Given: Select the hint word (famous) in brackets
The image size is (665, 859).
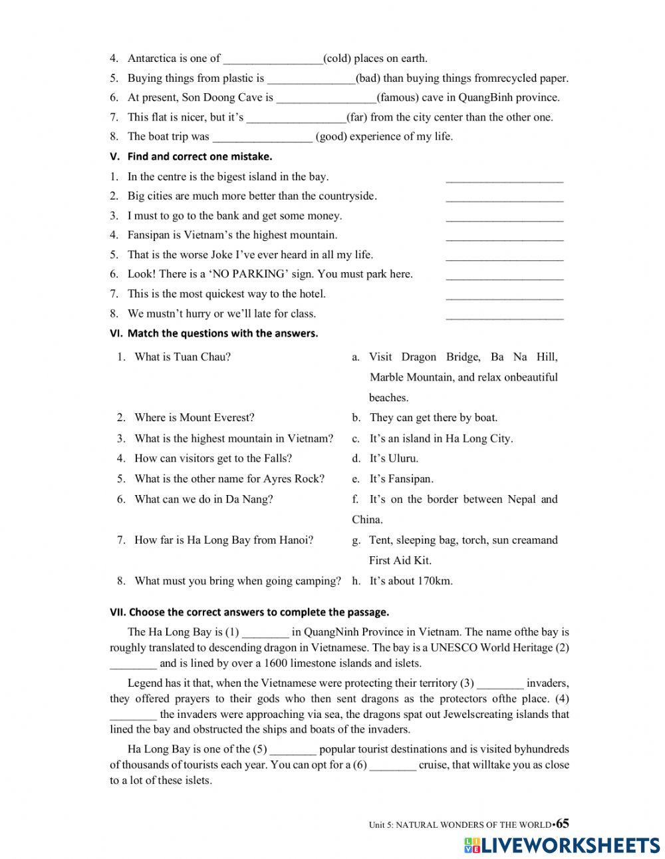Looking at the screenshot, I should [402, 98].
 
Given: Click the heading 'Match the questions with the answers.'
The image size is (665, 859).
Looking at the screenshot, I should [222, 333].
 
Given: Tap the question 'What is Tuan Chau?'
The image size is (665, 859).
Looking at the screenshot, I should [182, 357].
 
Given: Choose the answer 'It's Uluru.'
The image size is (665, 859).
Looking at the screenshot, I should [394, 458].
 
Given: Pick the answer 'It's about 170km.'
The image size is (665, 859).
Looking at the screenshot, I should [411, 581].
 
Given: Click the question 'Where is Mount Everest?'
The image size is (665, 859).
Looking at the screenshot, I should [194, 418].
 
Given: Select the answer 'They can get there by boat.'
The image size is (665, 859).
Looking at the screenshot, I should [433, 418].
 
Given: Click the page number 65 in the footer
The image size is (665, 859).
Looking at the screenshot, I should [563, 824].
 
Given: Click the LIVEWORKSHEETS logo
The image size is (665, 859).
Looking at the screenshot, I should [562, 845].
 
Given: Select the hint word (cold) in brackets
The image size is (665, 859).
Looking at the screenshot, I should [337, 59].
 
